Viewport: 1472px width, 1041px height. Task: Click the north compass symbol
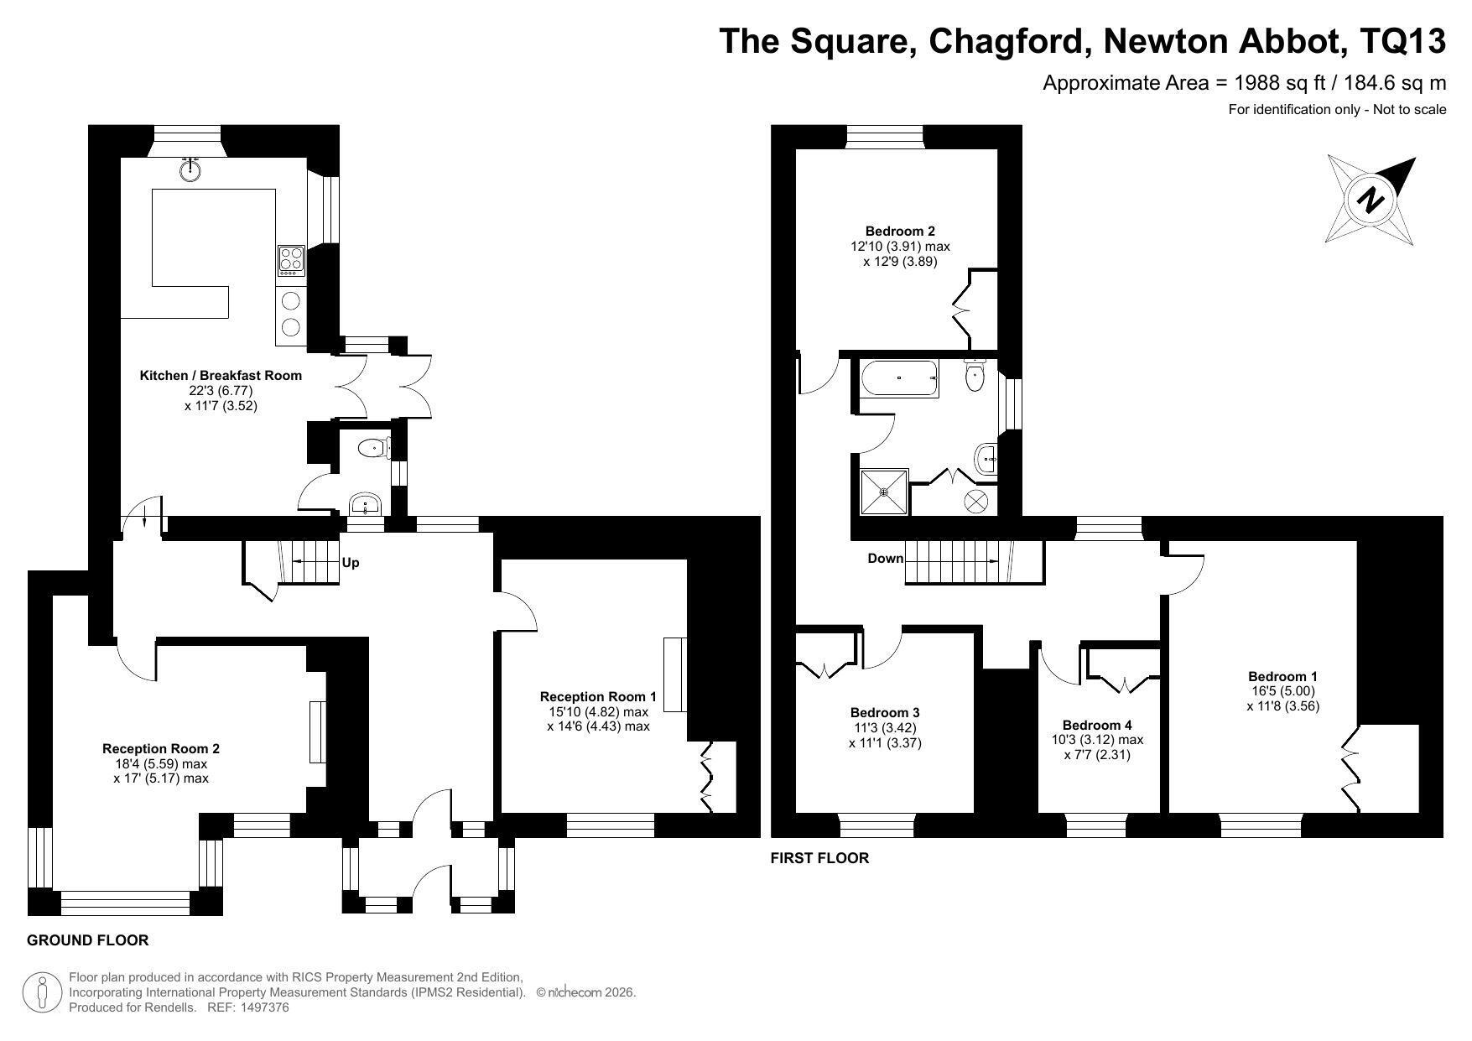point(1371,200)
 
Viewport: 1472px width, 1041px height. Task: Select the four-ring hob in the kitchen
point(291,259)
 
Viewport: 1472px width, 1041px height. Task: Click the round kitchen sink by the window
point(191,169)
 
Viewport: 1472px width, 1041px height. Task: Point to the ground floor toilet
point(375,449)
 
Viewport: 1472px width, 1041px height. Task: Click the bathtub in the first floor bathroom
point(899,378)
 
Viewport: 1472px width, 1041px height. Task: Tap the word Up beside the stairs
point(351,563)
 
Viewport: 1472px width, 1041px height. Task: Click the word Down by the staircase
point(886,559)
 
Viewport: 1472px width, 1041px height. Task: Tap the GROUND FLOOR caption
point(88,940)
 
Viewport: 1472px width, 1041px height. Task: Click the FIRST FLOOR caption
point(819,858)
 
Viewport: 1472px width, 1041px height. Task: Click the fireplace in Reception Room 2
point(317,731)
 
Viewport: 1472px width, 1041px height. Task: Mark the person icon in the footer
point(42,992)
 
